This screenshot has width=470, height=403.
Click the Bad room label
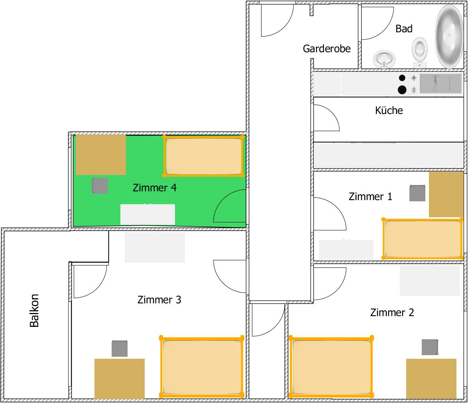point(404,29)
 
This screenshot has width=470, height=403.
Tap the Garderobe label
point(327,49)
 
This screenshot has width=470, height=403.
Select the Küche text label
point(389,110)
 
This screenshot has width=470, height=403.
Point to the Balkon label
point(34,311)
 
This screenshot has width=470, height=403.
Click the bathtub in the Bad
point(449,36)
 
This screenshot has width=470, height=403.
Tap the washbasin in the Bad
point(384,59)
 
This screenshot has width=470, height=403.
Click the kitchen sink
point(441,83)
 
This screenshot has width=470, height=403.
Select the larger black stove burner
point(402,90)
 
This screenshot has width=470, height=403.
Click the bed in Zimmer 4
point(204,156)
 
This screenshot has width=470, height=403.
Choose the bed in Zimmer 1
point(423,238)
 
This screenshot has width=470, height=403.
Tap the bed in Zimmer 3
point(202,366)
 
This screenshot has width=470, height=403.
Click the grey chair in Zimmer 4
point(100,186)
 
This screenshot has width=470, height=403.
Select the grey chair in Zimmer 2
point(430,347)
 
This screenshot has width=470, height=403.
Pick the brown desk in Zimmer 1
point(446,194)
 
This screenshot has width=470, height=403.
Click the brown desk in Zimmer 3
point(120,379)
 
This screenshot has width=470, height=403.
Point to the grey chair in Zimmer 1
point(417,193)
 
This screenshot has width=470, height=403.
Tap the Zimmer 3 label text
point(159,300)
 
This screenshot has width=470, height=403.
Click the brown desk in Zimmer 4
point(101,155)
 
